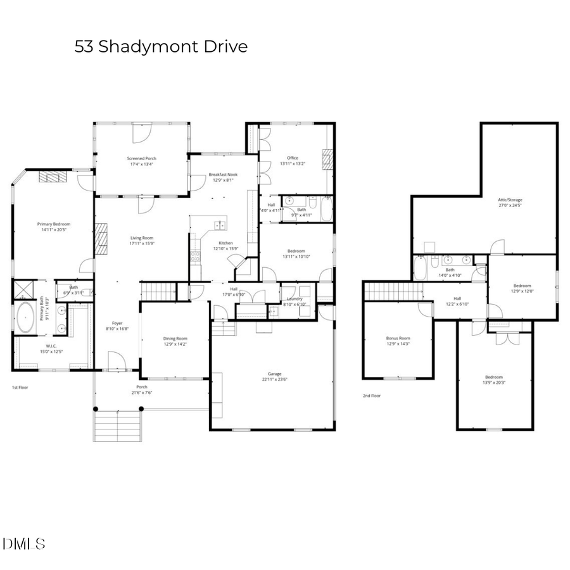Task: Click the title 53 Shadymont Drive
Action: point(161,47)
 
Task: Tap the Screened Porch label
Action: point(141,158)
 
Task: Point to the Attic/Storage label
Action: point(510,199)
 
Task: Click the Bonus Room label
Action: point(398,338)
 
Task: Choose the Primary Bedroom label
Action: point(53,224)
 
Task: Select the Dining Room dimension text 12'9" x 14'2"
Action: point(175,345)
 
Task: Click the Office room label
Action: point(292,158)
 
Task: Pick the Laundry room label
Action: point(294,299)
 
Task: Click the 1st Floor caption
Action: point(20,387)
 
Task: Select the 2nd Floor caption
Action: point(372,395)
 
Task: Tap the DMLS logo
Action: point(24,543)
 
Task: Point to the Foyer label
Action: point(118,323)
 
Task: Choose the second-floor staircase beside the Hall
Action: point(393,291)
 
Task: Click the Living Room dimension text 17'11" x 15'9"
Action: point(142,243)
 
